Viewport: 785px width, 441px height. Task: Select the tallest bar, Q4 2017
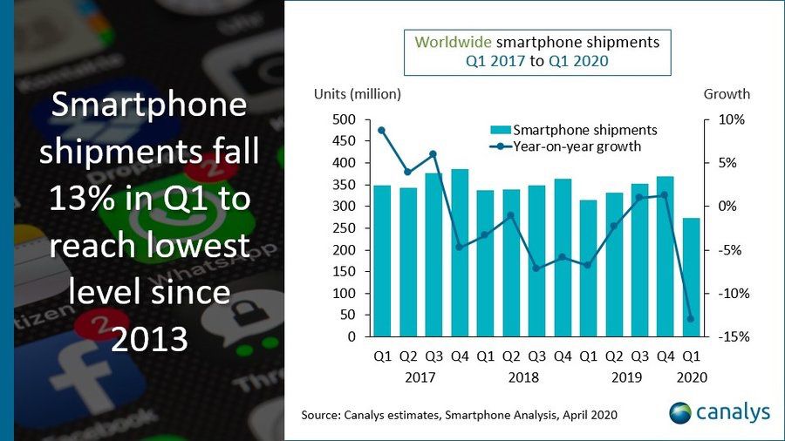460,253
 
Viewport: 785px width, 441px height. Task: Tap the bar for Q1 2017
382,261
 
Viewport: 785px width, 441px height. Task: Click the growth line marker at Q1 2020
691,319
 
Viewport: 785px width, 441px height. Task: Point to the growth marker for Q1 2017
382,130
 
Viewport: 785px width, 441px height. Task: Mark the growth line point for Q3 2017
433,154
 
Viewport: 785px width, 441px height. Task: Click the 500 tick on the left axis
344,119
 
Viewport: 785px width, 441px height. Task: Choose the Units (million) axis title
358,94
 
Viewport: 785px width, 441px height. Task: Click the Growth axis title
727,94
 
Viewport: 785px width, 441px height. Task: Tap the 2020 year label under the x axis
690,377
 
